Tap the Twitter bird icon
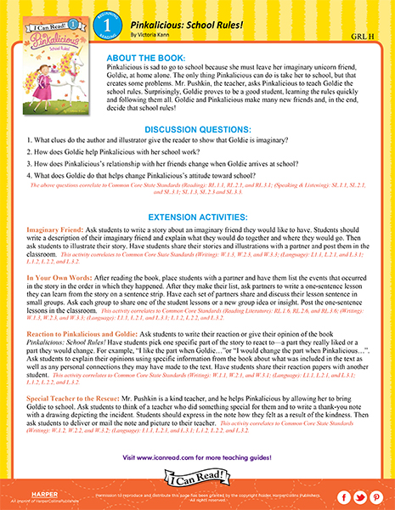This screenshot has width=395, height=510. pyautogui.click(x=359, y=496)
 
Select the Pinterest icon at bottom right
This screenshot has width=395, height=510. pyautogui.click(x=376, y=496)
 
